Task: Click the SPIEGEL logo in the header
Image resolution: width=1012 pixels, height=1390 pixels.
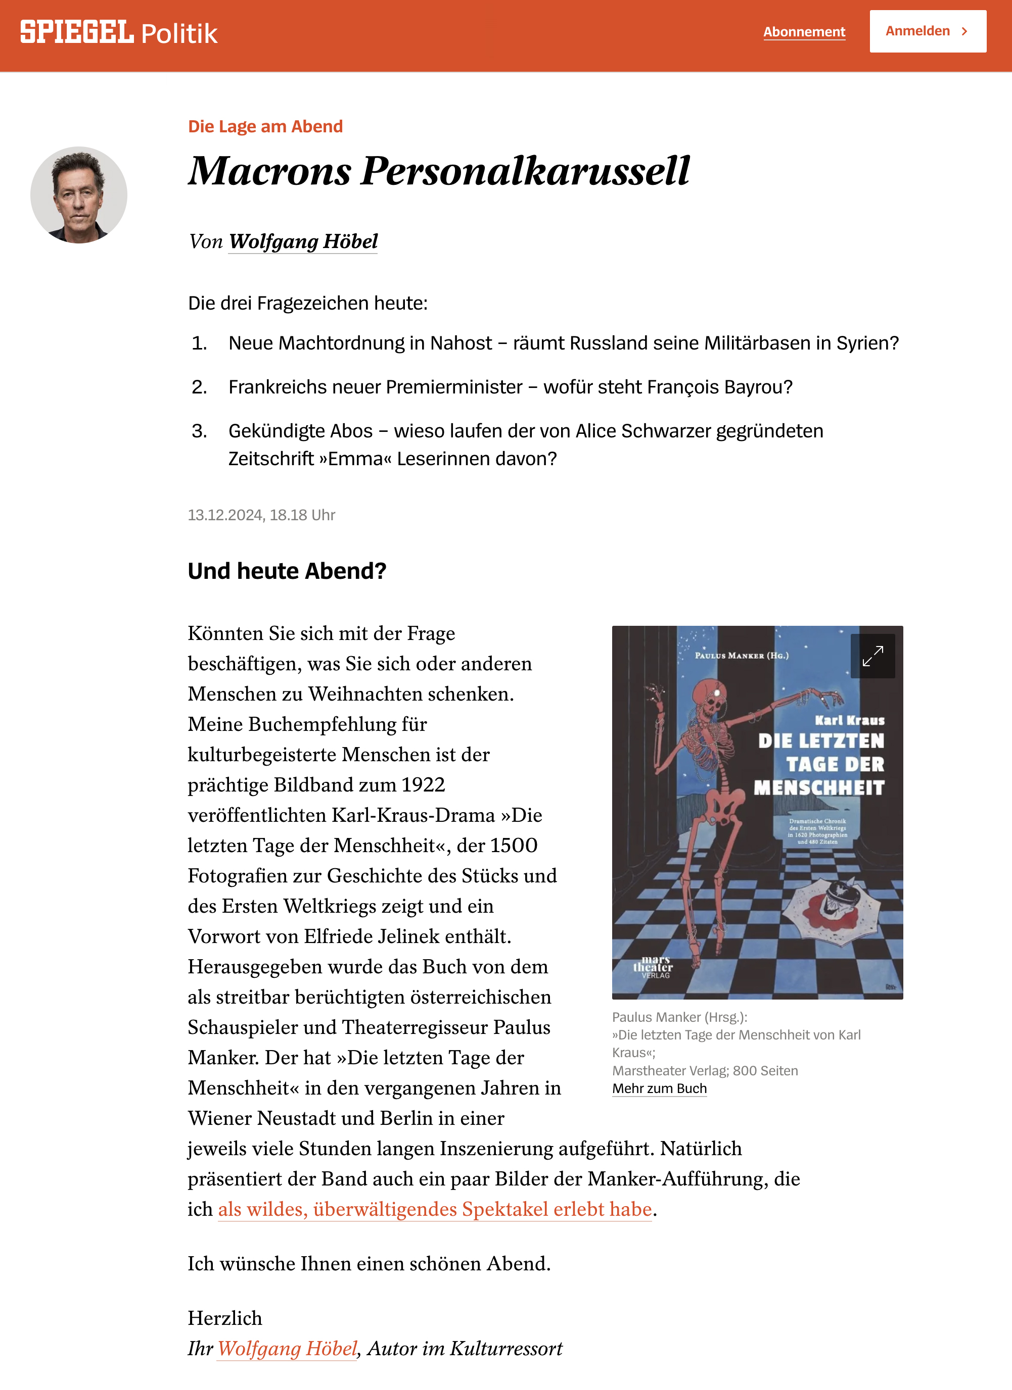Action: tap(77, 32)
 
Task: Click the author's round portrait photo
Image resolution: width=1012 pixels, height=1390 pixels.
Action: tap(78, 195)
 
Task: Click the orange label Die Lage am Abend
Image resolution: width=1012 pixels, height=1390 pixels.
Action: tap(265, 126)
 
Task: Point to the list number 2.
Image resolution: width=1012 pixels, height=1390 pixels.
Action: tap(199, 387)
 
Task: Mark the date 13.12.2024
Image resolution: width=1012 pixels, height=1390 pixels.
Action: tap(225, 515)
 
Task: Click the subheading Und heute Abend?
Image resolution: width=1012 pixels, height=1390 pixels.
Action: tap(287, 571)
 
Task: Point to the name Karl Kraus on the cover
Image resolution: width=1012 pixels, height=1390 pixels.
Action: tap(849, 720)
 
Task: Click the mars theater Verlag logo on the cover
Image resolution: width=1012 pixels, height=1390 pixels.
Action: tap(653, 967)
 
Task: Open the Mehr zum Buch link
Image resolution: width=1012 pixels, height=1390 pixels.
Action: tap(659, 1088)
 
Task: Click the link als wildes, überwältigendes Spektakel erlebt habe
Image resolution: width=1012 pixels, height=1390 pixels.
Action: tap(434, 1209)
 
